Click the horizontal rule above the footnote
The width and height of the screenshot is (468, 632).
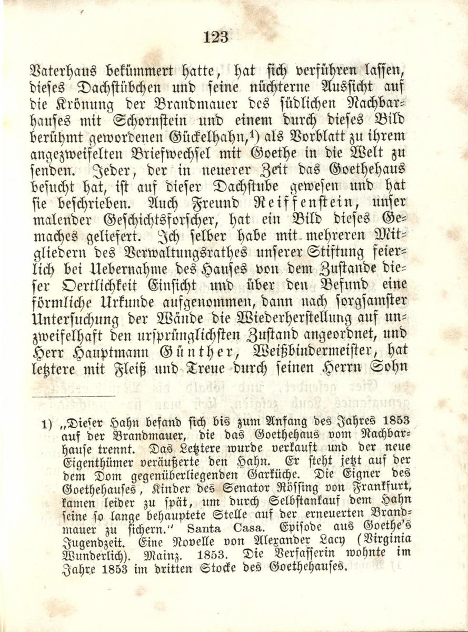point(73,397)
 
